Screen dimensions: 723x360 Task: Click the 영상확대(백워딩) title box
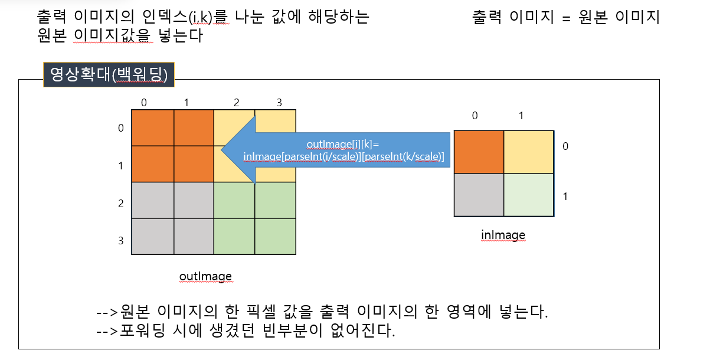(x=109, y=75)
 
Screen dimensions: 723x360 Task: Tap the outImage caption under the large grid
(x=205, y=276)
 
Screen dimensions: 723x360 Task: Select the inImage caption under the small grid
(x=503, y=235)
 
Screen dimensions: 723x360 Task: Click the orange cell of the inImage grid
(x=479, y=152)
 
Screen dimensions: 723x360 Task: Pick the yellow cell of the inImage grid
(x=529, y=152)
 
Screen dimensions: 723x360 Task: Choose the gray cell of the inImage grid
(x=479, y=195)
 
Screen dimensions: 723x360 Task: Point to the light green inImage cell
(x=529, y=195)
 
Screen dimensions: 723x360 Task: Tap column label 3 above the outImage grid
(x=279, y=103)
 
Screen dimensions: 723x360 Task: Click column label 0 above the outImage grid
(x=144, y=103)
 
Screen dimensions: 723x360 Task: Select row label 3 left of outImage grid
(x=121, y=241)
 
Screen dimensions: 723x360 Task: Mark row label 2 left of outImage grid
(x=121, y=204)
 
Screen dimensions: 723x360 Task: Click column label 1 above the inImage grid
(x=521, y=116)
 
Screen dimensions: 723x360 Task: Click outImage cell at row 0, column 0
(x=152, y=127)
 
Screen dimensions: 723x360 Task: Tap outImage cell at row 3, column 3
(x=275, y=237)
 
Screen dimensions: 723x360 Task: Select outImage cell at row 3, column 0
(x=152, y=237)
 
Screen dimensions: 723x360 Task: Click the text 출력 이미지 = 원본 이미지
(x=565, y=18)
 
